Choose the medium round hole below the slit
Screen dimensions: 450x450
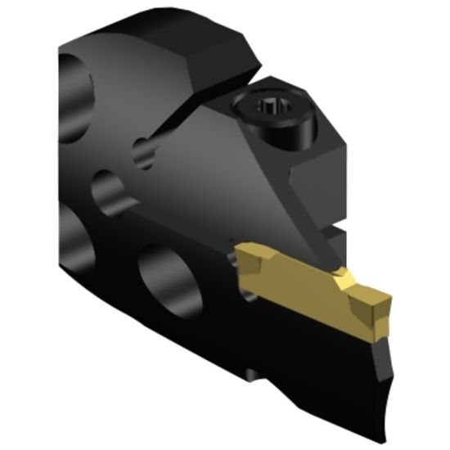108,193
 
